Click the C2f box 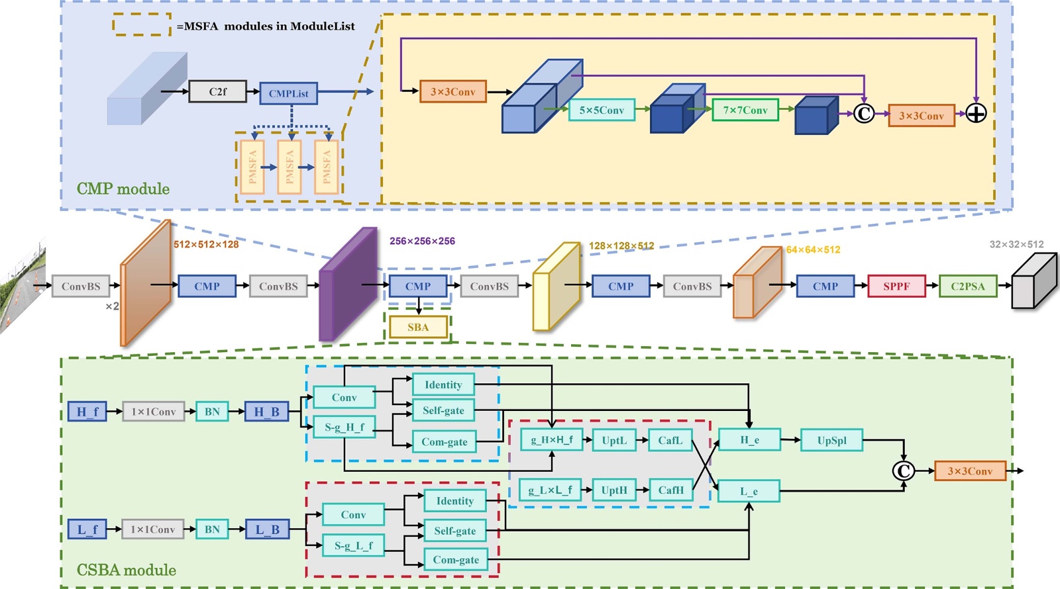tap(217, 92)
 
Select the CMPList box tap(288, 93)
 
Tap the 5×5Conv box tap(602, 110)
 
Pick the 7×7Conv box tap(745, 110)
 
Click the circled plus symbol tap(976, 114)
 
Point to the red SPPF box tap(896, 287)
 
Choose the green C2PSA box tap(967, 287)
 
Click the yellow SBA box tap(418, 327)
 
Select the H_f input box tap(87, 412)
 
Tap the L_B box tap(267, 529)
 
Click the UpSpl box tap(831, 440)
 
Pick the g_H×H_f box tap(551, 439)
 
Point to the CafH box tap(670, 490)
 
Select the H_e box tap(749, 440)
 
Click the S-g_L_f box tap(353, 546)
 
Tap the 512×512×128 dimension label tap(206, 244)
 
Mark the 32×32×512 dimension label tap(1016, 244)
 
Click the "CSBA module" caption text tap(127, 570)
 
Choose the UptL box tap(614, 440)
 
